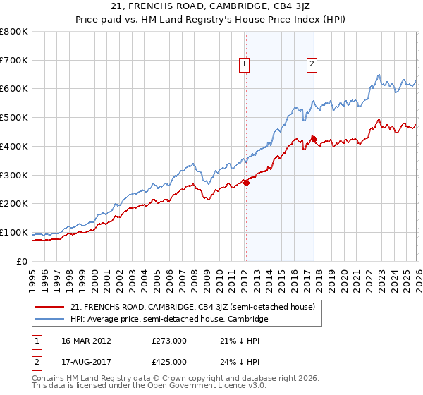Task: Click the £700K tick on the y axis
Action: (14, 60)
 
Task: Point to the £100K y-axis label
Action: (14, 232)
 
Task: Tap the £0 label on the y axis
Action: (23, 261)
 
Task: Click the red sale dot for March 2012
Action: (246, 183)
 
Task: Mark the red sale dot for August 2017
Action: (314, 139)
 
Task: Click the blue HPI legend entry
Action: (169, 320)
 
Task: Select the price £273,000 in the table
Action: (168, 341)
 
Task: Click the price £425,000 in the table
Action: (168, 362)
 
